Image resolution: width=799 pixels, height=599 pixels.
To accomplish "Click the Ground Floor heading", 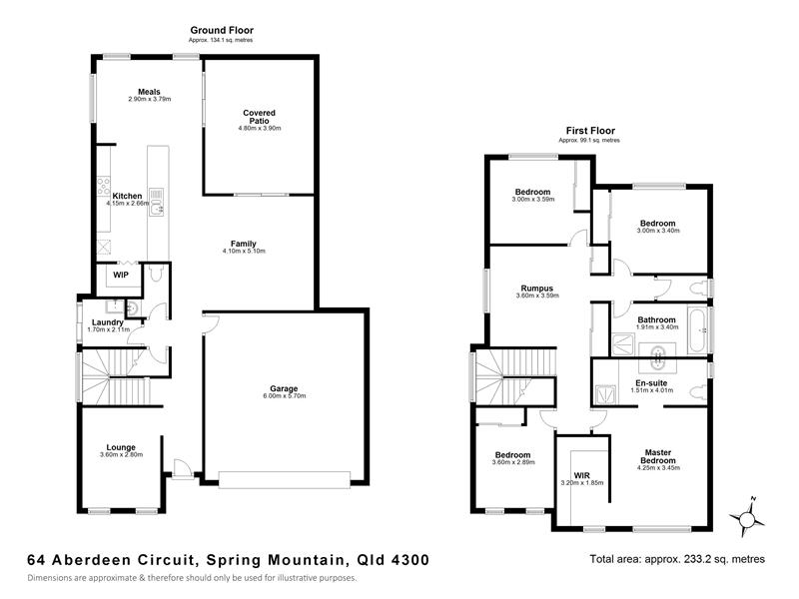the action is (222, 31).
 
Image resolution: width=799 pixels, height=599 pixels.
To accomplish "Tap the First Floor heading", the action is (590, 131).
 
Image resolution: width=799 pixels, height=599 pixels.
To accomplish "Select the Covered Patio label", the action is (259, 117).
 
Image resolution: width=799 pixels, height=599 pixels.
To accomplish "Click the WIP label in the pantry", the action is (121, 276).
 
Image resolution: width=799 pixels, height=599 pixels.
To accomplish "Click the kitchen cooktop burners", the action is (104, 187).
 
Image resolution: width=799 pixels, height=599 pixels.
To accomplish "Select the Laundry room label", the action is (108, 322).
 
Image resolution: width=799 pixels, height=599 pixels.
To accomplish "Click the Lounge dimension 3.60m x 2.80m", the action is (121, 455).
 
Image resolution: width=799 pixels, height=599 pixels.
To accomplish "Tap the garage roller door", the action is (285, 480).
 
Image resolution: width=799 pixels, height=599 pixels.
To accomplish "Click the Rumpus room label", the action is (537, 289).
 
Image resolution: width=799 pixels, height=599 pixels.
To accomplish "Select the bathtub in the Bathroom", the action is (696, 329).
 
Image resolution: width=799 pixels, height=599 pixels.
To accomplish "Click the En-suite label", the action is (651, 383).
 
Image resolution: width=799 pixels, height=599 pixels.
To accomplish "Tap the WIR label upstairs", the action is (581, 476).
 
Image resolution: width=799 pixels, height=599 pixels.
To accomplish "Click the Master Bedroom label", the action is (658, 456).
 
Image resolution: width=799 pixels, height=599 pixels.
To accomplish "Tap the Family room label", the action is (244, 244).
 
